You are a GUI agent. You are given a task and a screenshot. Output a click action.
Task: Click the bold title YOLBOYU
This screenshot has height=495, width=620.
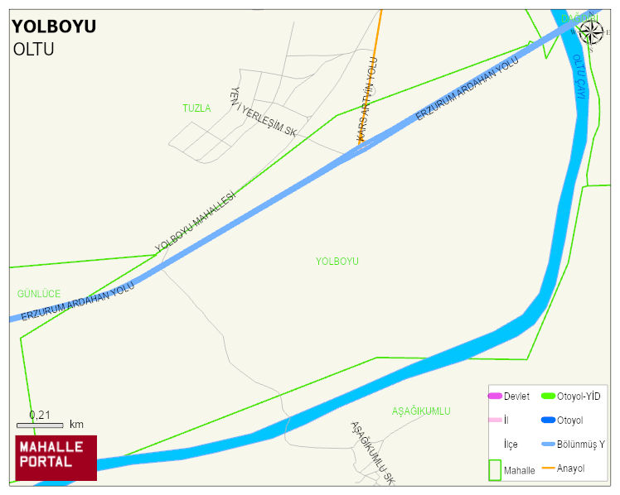coord(54,26)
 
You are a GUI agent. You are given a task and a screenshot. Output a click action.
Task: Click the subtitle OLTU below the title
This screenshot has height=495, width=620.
coord(33,49)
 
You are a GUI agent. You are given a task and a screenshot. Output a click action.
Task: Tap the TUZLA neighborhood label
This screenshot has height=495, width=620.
coord(196,108)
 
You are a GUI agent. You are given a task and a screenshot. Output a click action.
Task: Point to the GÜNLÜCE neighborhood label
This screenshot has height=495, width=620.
coord(38,294)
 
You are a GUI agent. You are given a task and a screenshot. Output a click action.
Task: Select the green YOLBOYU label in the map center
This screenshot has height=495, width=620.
coord(337,261)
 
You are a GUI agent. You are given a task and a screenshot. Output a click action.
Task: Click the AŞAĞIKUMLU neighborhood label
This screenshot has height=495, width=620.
coord(421,411)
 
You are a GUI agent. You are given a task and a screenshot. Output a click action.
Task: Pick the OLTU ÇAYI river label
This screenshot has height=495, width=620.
coord(579,77)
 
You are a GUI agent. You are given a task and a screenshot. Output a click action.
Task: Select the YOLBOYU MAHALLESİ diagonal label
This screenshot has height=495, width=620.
coord(196,221)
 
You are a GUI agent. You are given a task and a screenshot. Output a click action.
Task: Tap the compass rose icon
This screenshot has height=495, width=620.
coord(591,31)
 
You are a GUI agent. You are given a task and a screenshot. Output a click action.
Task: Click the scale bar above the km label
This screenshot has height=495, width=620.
coord(40,425)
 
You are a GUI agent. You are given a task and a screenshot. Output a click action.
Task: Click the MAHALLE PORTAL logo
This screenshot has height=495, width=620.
coord(56,458)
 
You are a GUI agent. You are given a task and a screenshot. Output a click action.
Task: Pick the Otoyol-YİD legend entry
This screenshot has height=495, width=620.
coord(572,396)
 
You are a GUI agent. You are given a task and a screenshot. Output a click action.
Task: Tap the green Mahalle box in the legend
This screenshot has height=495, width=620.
coord(495,470)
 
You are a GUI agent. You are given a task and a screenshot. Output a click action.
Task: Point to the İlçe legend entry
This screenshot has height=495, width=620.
coord(511,445)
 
